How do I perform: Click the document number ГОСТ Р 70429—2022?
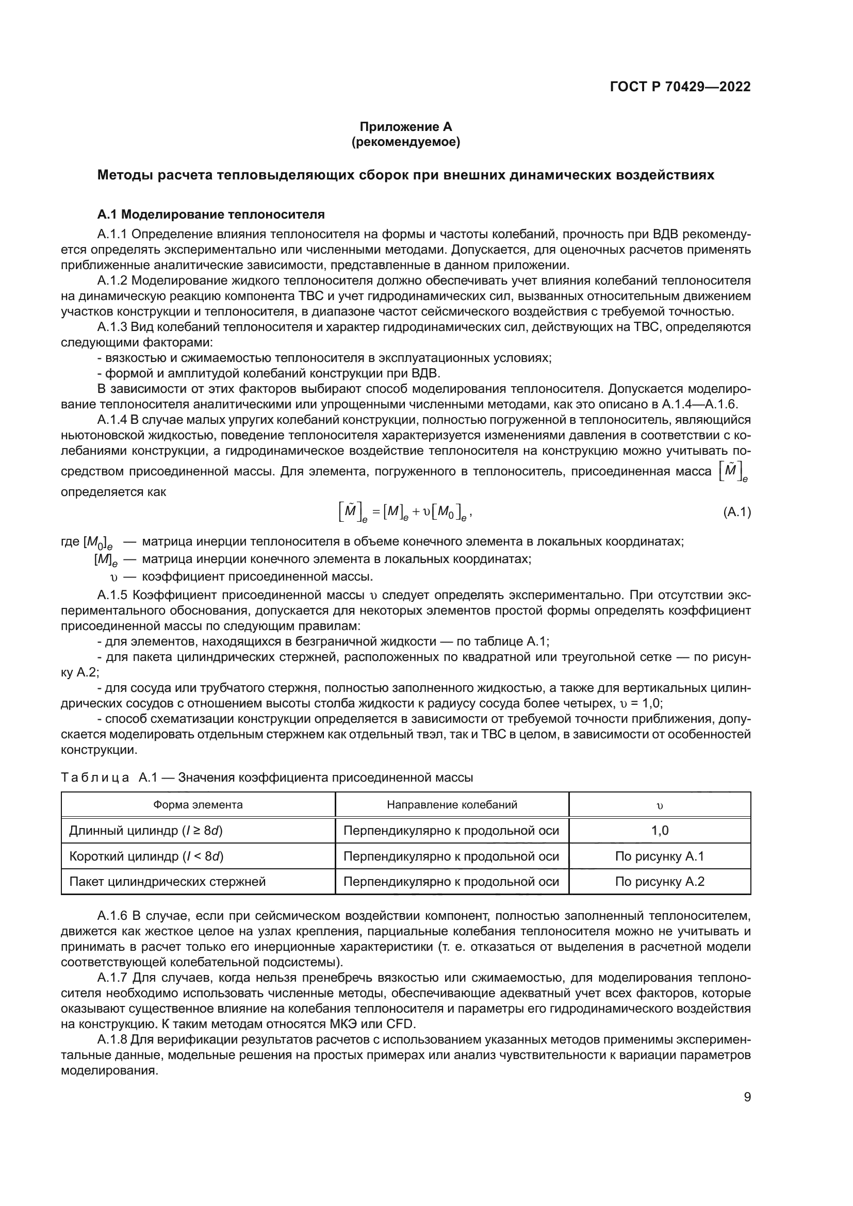coord(680,87)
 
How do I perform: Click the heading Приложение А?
coord(405,127)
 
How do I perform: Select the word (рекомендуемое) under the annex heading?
coord(405,142)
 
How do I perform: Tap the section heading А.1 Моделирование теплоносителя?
coord(211,214)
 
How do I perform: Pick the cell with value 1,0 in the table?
coord(660,831)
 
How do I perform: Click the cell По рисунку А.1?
coord(660,856)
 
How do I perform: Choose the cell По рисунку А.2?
coord(660,881)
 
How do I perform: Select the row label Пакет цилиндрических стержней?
coord(168,881)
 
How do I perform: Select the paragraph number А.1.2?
coord(112,280)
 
